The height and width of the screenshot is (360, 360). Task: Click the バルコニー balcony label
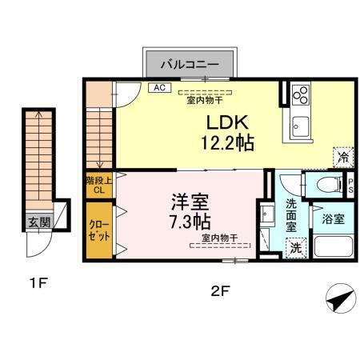click(x=190, y=62)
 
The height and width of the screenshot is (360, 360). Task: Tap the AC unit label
click(x=158, y=88)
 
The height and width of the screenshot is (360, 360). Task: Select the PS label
click(x=351, y=186)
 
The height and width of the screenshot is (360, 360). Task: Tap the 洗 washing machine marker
click(x=296, y=247)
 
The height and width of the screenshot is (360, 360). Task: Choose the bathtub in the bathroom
click(x=331, y=245)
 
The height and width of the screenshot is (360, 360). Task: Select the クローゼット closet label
click(x=99, y=232)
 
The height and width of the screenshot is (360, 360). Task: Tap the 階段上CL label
click(x=98, y=186)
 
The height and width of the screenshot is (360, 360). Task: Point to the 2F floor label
click(x=221, y=291)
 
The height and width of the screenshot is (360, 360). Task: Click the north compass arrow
click(x=339, y=300)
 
